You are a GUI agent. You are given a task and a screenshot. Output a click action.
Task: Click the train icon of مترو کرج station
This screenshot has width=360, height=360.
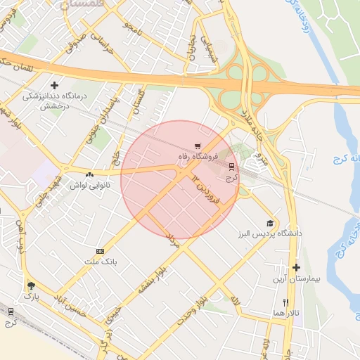coord(231,166)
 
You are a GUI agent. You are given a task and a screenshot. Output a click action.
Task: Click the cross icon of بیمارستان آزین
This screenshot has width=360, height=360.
coord(296,267)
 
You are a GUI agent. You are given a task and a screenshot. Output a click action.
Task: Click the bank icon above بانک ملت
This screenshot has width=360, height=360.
coord(100,251)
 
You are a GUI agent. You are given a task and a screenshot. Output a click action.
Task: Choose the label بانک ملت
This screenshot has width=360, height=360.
coord(98,262)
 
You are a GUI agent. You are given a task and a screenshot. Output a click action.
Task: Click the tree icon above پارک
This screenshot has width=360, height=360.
coord(30,285)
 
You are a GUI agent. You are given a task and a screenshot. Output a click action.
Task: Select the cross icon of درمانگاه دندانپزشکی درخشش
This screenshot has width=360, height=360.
coord(54,85)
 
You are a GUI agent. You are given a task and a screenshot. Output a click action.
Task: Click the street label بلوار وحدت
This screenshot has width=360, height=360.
coord(190,310)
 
